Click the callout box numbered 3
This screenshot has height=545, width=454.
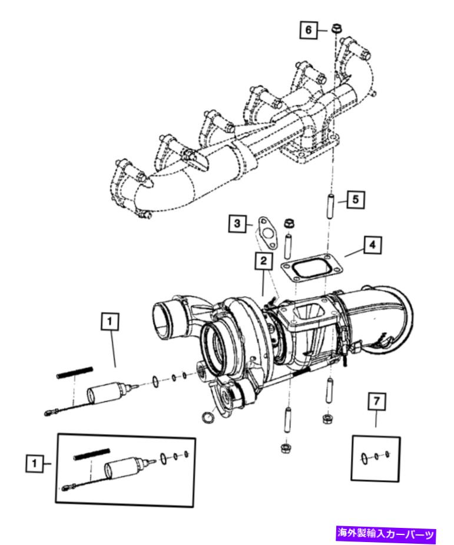pyautogui.click(x=237, y=223)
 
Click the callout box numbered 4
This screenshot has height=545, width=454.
pyautogui.click(x=370, y=244)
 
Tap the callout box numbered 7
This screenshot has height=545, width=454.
pyautogui.click(x=376, y=401)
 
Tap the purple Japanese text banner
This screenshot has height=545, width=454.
pyautogui.click(x=386, y=534)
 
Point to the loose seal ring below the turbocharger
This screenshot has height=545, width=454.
pyautogui.click(x=208, y=418)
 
